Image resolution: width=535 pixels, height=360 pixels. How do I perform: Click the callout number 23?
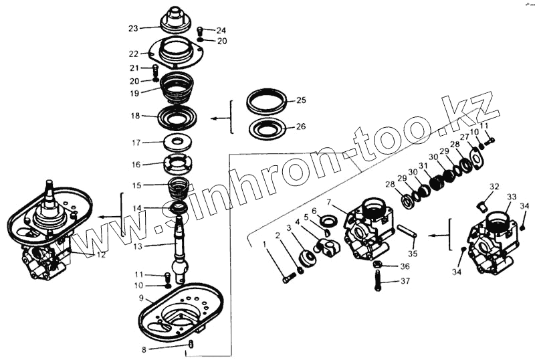click(133, 29)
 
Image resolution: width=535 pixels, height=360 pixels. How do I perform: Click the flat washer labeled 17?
click(177, 141)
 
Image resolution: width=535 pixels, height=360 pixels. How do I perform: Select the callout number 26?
click(301, 125)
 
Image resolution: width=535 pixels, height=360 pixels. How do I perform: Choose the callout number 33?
click(512, 197)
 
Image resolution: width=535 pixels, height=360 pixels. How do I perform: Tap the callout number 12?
click(101, 255)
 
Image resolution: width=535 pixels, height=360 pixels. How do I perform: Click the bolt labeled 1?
click(288, 276)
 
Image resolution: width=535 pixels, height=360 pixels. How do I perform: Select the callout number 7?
click(329, 201)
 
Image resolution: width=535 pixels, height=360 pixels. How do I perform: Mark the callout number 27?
click(463, 136)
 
